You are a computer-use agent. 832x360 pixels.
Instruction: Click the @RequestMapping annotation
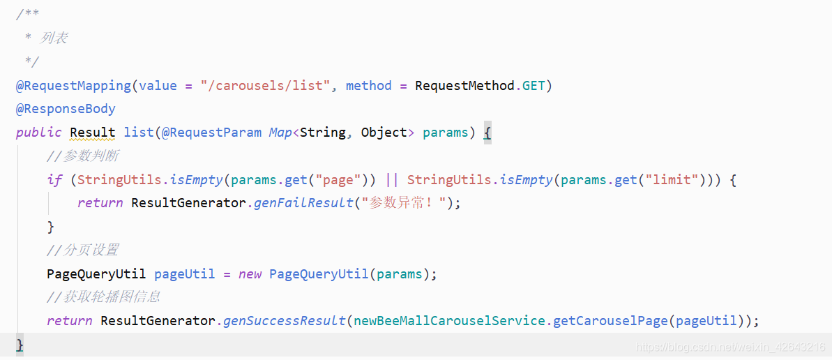click(x=73, y=86)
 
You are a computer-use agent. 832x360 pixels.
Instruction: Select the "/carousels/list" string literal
click(x=264, y=86)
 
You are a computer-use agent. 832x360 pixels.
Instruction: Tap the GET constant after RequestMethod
click(x=534, y=86)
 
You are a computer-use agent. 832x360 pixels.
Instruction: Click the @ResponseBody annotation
click(x=66, y=109)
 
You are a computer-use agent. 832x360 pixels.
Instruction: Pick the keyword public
click(x=39, y=133)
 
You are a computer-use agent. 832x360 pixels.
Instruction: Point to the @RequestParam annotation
click(x=212, y=133)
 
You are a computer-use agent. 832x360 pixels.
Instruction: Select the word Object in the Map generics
click(x=384, y=133)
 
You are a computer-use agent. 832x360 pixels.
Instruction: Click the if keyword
click(x=54, y=180)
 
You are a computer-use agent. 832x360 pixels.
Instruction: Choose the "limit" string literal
click(x=672, y=180)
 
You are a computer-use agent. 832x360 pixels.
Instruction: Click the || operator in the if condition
click(x=392, y=180)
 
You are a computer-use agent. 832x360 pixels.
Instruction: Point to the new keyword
click(x=250, y=273)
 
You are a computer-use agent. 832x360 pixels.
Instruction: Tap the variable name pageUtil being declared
click(x=185, y=273)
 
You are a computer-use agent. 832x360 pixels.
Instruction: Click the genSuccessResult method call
click(x=285, y=321)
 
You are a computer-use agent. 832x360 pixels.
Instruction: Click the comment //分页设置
click(x=82, y=250)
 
